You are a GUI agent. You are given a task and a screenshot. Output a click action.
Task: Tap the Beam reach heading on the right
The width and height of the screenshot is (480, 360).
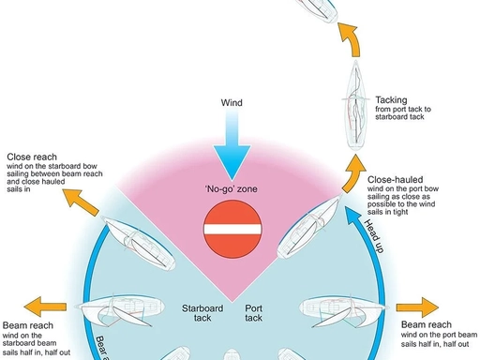(426, 325)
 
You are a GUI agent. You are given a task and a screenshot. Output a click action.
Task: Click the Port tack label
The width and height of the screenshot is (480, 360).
(255, 313)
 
